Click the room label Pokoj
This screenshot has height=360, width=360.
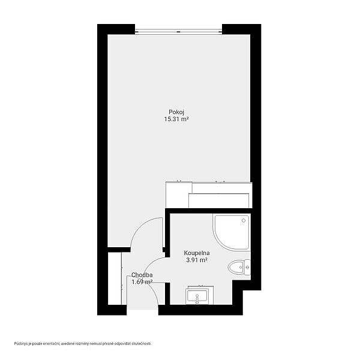[176, 112]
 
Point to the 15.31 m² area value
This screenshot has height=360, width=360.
[176, 119]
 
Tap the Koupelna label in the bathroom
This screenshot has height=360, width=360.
[197, 253]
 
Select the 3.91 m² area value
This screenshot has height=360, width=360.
[197, 260]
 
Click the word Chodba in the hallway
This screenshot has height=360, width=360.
[142, 275]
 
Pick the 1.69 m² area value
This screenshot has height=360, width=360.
[142, 282]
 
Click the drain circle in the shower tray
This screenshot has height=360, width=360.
[244, 220]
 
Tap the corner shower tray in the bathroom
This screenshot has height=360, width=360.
[231, 232]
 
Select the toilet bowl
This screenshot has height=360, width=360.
[236, 267]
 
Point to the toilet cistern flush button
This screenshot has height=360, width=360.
[247, 267]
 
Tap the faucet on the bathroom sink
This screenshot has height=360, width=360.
[197, 299]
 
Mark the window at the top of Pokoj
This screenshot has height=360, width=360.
[178, 32]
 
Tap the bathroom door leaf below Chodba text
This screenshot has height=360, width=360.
[157, 283]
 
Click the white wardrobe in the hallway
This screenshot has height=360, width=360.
[115, 278]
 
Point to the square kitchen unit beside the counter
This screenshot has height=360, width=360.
[179, 194]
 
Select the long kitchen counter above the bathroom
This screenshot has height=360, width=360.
[220, 195]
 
